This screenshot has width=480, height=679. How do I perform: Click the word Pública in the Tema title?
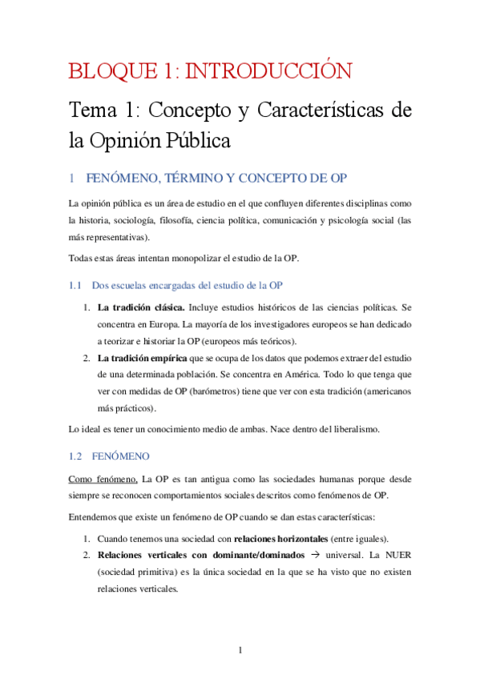click(196, 142)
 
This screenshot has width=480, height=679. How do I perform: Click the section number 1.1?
click(76, 285)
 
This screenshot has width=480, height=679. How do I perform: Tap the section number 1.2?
click(76, 456)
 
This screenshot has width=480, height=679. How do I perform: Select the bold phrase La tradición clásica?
click(141, 307)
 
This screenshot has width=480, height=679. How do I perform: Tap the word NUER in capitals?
click(395, 554)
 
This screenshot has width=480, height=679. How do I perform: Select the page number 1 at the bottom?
click(240, 649)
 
